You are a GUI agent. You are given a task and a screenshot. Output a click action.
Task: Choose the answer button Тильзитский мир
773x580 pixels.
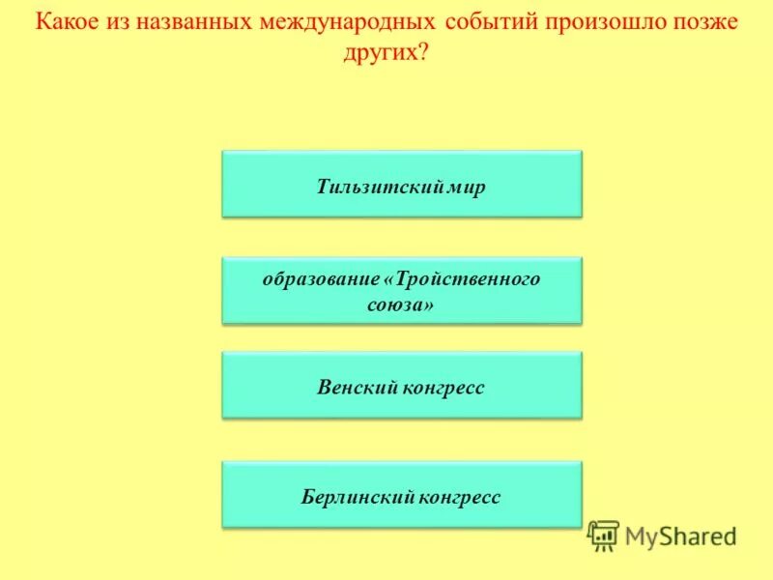pyautogui.click(x=402, y=184)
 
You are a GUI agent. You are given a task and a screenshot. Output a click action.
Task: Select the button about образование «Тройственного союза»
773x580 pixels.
pyautogui.click(x=402, y=290)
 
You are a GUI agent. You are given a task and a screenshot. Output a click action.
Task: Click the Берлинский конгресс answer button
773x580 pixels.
pyautogui.click(x=402, y=495)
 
